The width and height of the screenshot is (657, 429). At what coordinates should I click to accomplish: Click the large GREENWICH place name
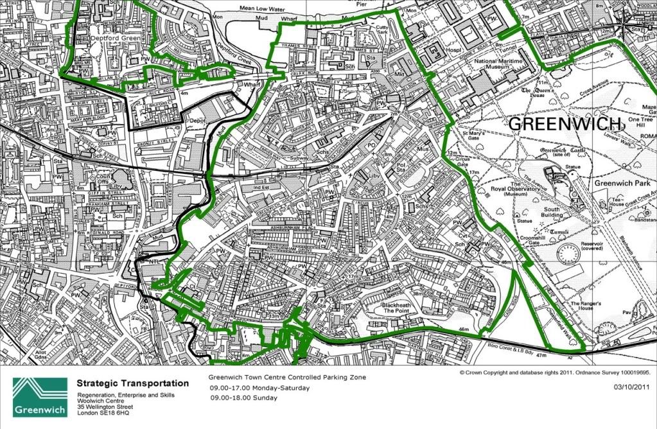[x=566, y=124]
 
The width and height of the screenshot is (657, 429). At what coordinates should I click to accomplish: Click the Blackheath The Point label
[x=401, y=307]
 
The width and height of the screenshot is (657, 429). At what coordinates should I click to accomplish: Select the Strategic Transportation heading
[x=133, y=383]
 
